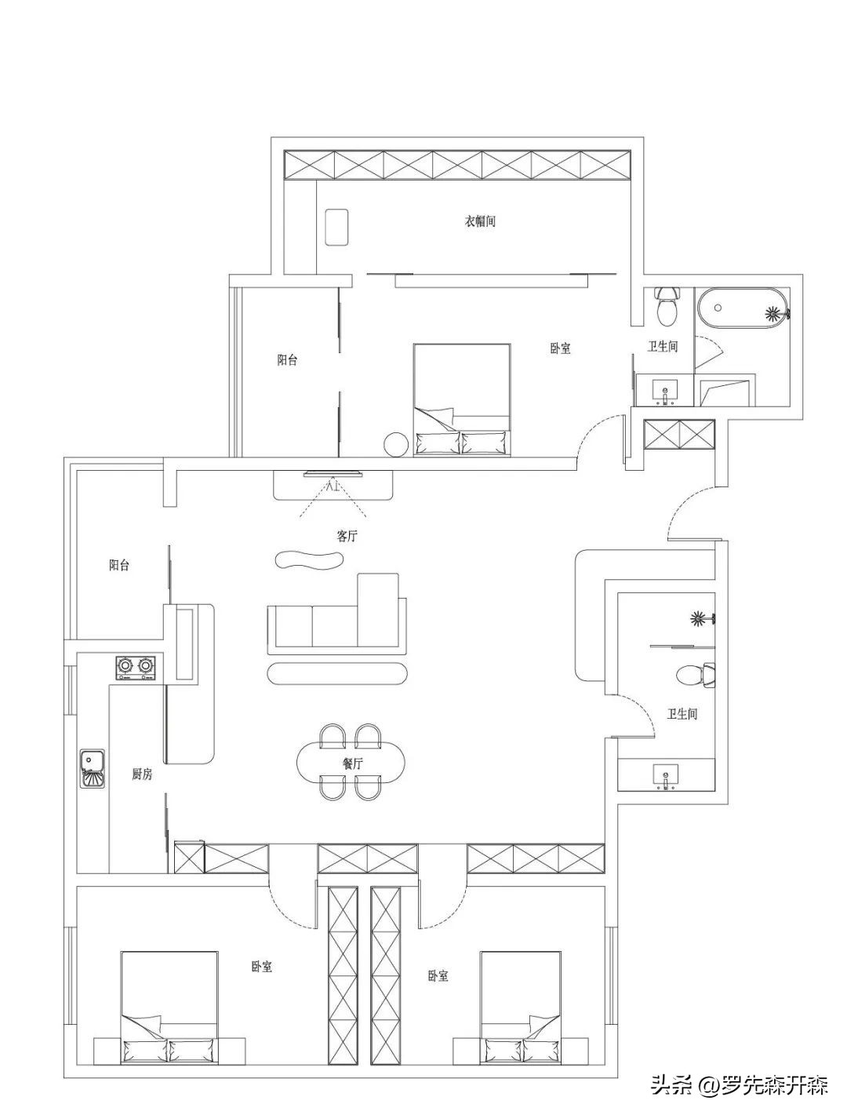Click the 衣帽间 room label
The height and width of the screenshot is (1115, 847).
pyautogui.click(x=480, y=221)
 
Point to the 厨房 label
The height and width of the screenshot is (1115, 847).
pyautogui.click(x=142, y=789)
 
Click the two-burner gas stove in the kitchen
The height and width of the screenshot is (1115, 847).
pyautogui.click(x=135, y=667)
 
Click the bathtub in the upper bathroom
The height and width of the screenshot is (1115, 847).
pyautogui.click(x=743, y=309)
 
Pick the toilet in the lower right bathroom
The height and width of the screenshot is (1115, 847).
pyautogui.click(x=696, y=675)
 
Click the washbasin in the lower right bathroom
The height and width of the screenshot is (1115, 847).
pyautogui.click(x=666, y=776)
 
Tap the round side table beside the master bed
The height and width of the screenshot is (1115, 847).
pyautogui.click(x=395, y=444)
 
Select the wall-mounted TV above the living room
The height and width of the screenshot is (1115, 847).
pyautogui.click(x=333, y=475)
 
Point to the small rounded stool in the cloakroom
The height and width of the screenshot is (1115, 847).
pyautogui.click(x=336, y=228)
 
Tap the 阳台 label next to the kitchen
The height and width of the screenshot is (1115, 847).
pyautogui.click(x=119, y=565)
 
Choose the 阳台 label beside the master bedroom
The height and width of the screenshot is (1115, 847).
pyautogui.click(x=287, y=359)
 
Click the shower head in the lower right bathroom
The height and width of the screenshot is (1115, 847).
pyautogui.click(x=703, y=619)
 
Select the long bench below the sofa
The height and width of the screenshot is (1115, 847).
pyautogui.click(x=337, y=674)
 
